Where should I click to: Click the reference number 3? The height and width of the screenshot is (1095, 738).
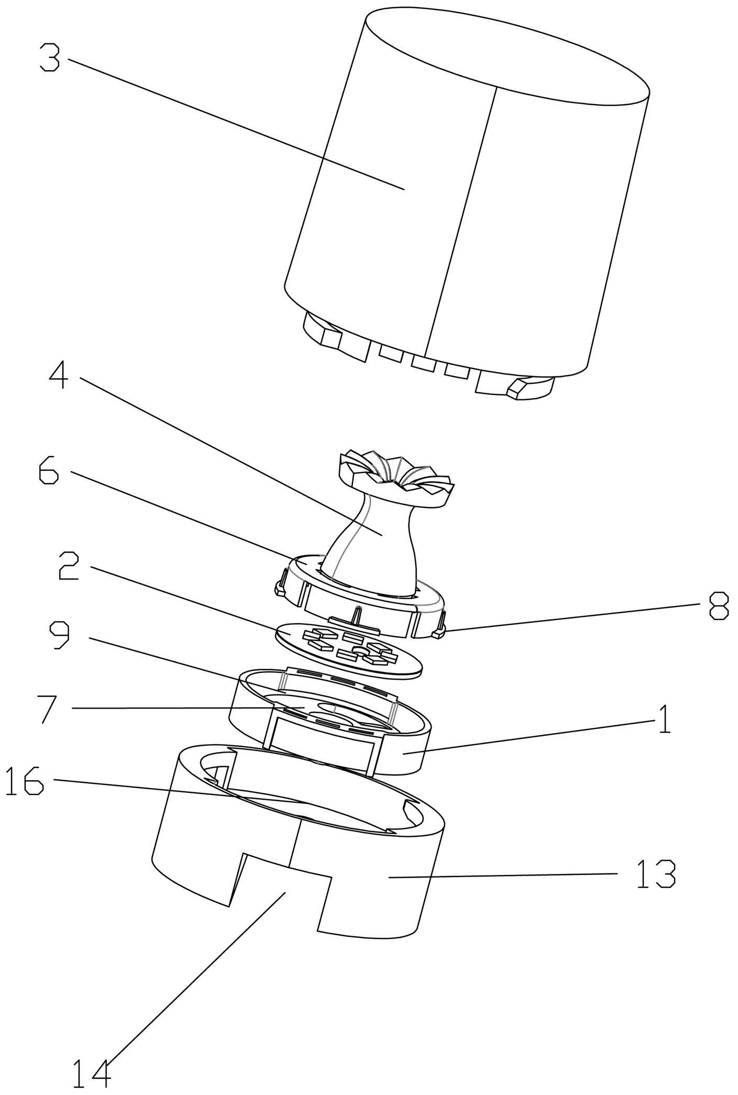tap(50, 59)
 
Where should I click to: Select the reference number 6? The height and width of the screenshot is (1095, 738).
tap(49, 472)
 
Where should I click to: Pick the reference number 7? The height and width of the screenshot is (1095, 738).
tap(52, 709)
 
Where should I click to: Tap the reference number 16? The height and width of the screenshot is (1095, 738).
tap(25, 781)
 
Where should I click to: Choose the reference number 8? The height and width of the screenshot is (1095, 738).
tap(719, 606)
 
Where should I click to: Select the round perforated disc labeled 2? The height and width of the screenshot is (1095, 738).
tap(348, 650)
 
